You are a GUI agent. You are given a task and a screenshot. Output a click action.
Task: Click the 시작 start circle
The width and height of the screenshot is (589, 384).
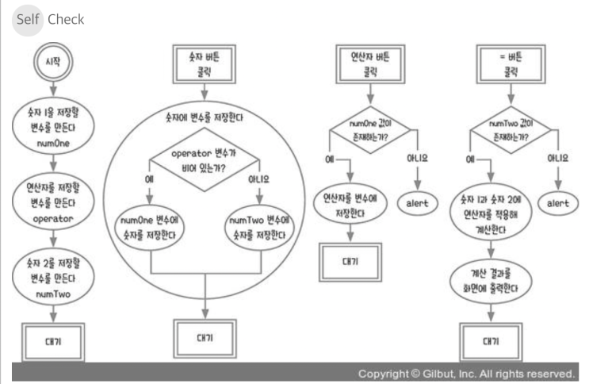point(53,62)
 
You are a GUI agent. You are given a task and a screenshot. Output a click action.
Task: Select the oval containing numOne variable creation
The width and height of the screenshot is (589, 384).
point(53,127)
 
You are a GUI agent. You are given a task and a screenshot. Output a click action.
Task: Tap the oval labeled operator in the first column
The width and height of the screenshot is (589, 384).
point(53,202)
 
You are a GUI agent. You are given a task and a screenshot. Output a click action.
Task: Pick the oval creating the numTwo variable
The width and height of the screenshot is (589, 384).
point(53,278)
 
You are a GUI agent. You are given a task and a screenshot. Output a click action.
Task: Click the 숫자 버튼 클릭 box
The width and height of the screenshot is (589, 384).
point(204,64)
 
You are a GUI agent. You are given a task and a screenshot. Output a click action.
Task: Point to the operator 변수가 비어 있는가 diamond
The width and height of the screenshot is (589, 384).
point(204,159)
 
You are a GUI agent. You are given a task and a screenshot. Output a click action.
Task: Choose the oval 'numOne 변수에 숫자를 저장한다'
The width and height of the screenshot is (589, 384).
point(149,228)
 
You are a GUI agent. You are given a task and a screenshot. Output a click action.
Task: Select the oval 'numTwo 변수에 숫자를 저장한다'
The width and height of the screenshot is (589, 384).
point(259,228)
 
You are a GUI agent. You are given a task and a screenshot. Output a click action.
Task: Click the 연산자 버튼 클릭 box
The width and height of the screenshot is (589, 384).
point(370,64)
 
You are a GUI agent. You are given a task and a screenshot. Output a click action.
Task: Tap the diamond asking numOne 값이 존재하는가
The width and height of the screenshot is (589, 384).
point(370,130)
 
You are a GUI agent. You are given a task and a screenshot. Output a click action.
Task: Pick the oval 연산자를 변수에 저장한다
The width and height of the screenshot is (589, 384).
point(350,205)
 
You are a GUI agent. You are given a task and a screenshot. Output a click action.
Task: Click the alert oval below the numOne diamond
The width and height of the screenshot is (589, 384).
point(417,203)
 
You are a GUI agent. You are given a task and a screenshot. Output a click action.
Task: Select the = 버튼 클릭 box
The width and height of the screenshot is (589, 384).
point(511,64)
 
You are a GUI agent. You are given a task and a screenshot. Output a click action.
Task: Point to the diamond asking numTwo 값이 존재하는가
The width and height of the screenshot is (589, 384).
point(511,130)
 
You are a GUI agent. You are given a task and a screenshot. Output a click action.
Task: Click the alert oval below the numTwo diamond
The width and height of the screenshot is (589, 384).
point(558,203)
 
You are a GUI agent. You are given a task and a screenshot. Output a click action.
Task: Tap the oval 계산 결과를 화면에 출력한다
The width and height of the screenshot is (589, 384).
point(491,282)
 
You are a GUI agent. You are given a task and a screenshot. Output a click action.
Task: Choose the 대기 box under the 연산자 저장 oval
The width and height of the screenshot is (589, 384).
point(350,262)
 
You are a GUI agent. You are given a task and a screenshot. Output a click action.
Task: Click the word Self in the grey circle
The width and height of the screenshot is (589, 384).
point(28,19)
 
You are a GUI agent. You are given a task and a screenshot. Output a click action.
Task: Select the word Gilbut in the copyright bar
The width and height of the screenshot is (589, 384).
point(438,374)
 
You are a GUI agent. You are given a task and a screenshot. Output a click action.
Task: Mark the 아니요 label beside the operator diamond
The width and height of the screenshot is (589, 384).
point(258,179)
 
